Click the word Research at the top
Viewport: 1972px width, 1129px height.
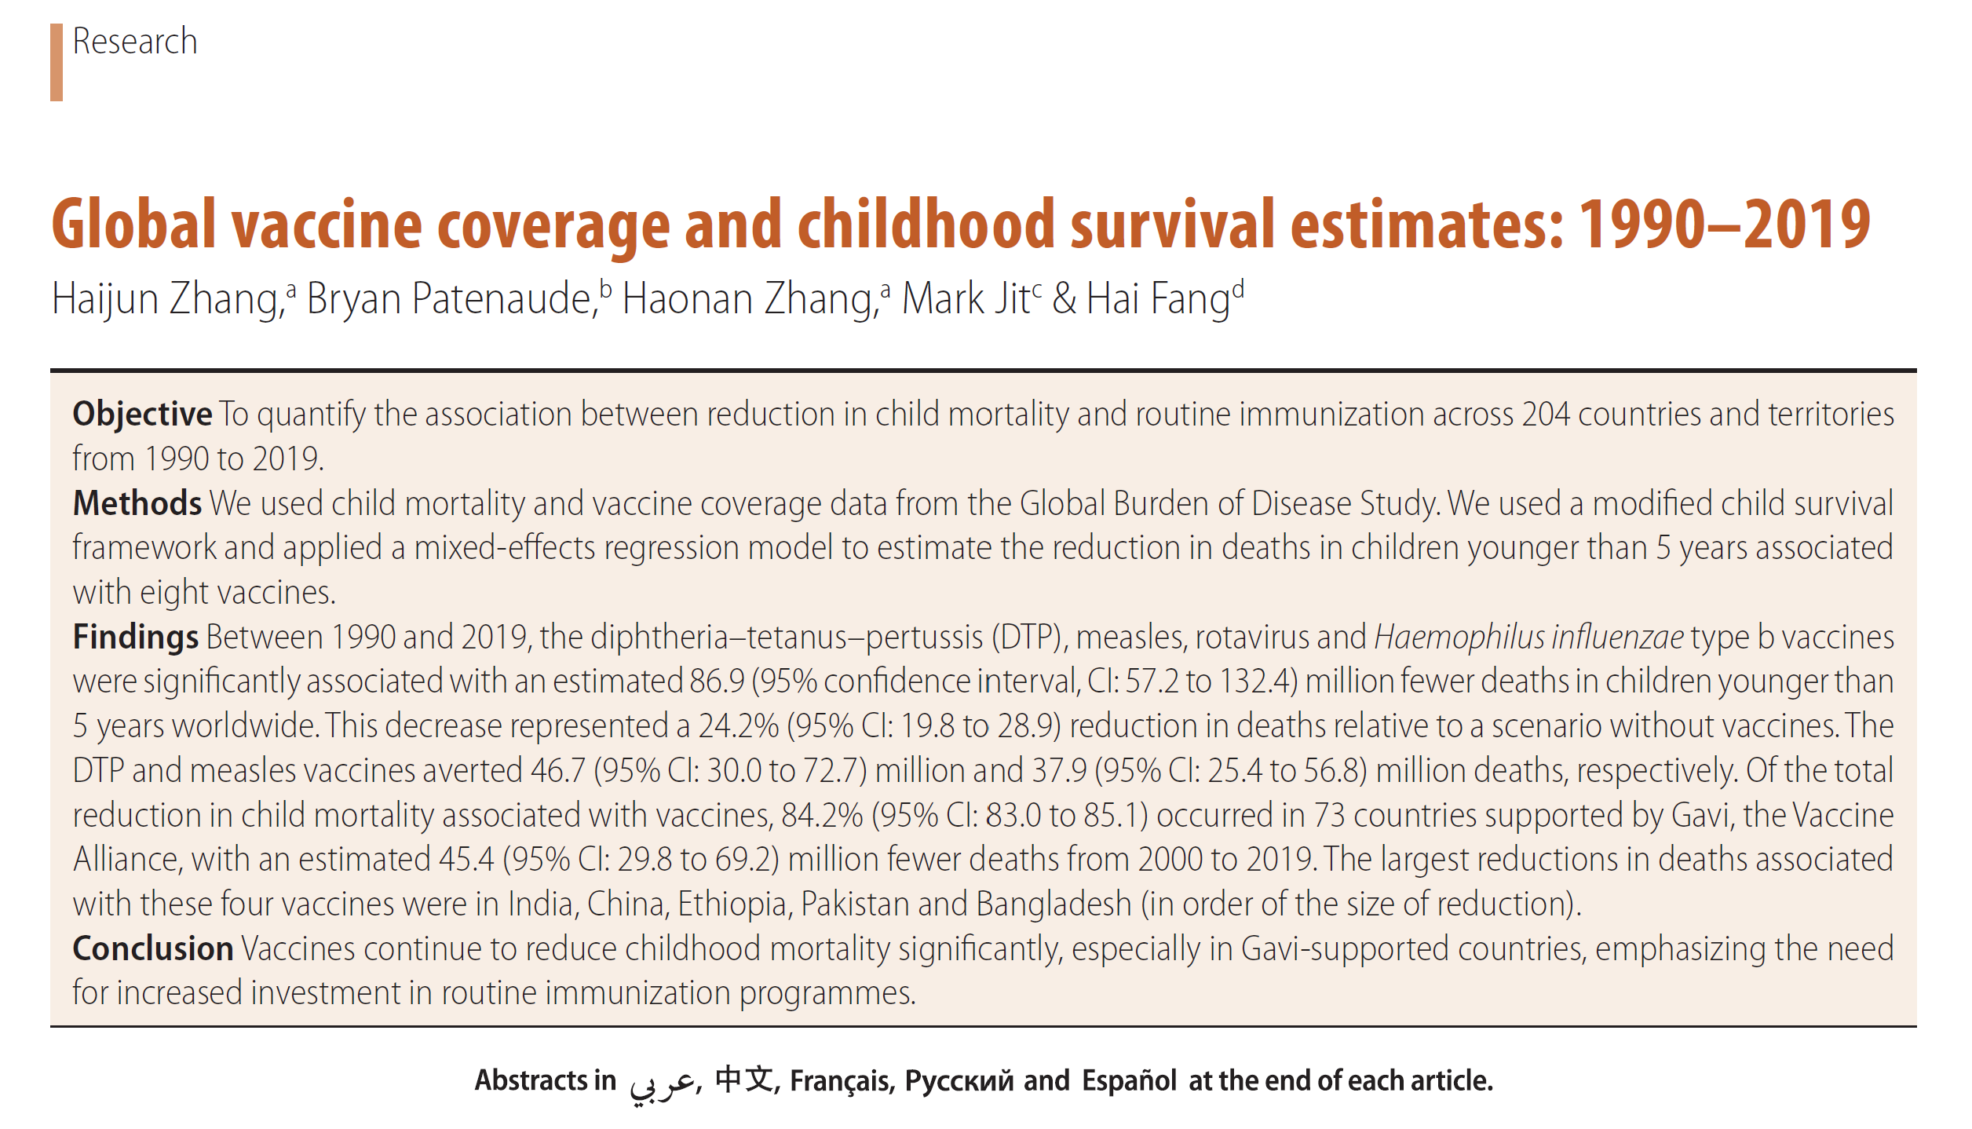(x=134, y=42)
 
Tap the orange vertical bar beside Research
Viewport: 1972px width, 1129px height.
(x=57, y=62)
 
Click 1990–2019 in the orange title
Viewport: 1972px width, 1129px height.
(x=1724, y=225)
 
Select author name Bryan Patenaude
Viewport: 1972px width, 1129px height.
(x=448, y=299)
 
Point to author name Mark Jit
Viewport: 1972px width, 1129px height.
(x=966, y=299)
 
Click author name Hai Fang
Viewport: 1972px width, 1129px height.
(x=1158, y=299)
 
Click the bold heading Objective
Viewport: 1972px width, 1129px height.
(x=142, y=414)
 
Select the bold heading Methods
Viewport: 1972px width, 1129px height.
(x=137, y=503)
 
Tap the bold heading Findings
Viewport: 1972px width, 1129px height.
(x=136, y=637)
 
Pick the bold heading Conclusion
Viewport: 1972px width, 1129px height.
(x=153, y=948)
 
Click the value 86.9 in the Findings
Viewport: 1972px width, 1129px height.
(x=717, y=681)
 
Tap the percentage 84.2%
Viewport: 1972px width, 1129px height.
(x=822, y=815)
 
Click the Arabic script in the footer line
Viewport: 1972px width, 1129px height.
(x=662, y=1083)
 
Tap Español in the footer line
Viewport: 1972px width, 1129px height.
(x=1129, y=1081)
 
